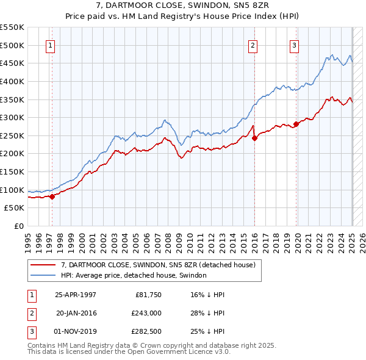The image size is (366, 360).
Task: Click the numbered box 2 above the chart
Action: [253, 45]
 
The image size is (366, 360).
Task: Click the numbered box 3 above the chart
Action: [294, 45]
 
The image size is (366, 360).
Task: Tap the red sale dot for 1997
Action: [52, 196]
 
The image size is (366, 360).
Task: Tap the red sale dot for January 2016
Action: [254, 138]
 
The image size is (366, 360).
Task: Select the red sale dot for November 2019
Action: [296, 124]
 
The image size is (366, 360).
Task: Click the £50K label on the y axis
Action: [15, 208]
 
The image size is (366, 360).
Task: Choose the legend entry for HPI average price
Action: [134, 275]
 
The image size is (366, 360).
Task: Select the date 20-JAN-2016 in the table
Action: [76, 312]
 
